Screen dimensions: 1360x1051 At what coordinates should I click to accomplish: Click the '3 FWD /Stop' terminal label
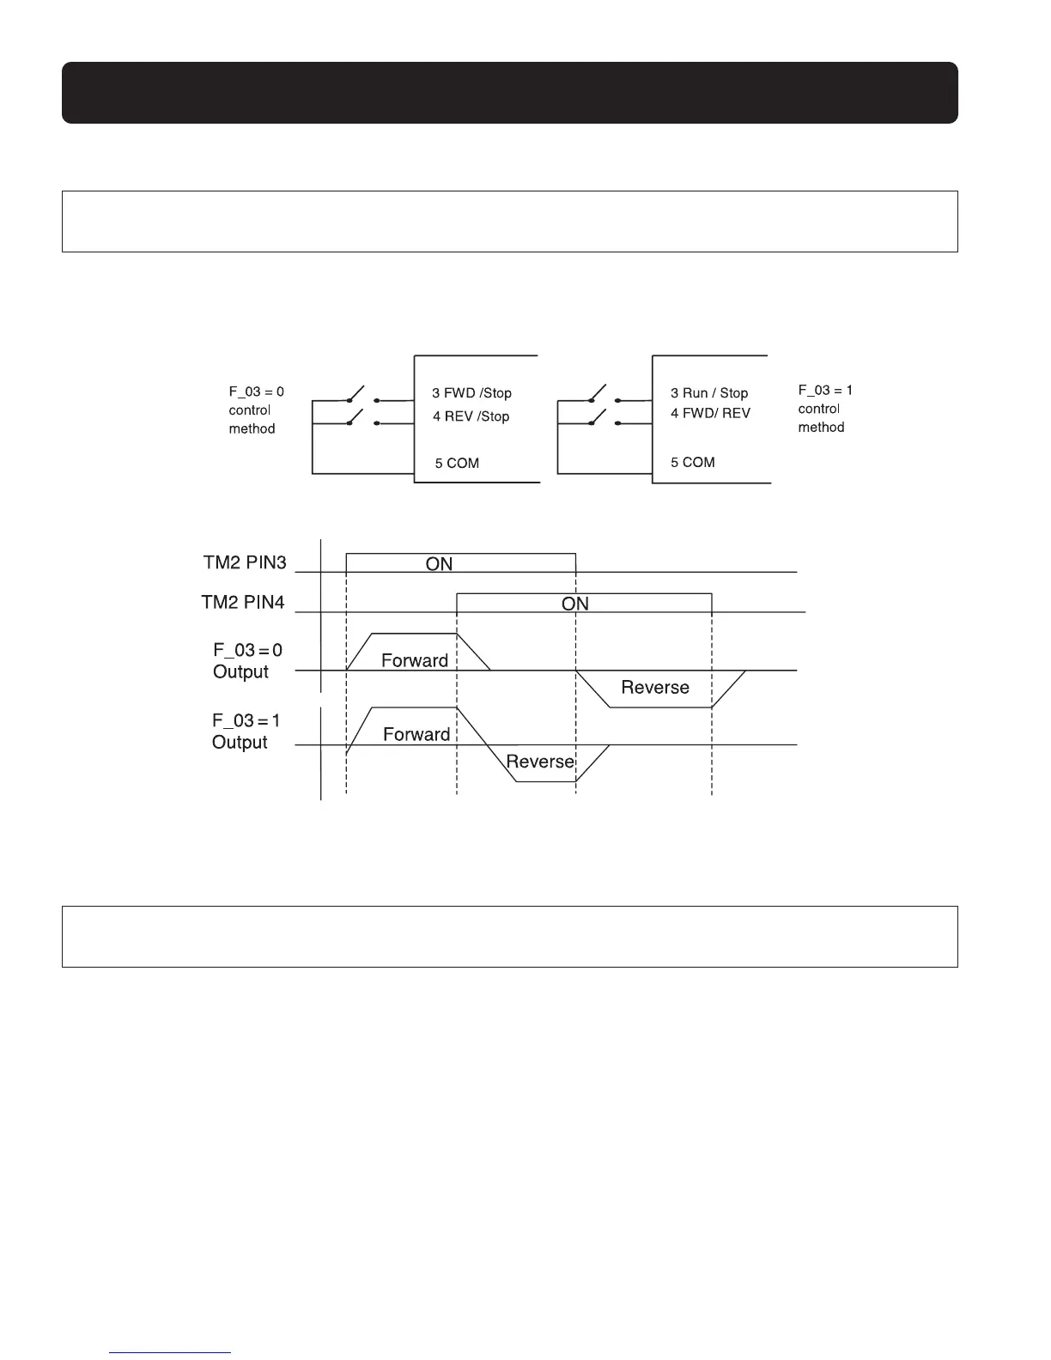click(x=471, y=393)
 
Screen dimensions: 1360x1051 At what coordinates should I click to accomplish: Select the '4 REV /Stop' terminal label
click(x=471, y=416)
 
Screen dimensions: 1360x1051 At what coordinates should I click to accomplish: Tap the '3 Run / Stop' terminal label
click(x=709, y=393)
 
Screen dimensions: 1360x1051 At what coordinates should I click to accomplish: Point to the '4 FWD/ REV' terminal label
click(x=710, y=413)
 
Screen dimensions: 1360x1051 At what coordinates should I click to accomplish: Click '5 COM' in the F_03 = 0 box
click(x=457, y=464)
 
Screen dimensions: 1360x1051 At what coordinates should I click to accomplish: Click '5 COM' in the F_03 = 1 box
click(x=693, y=462)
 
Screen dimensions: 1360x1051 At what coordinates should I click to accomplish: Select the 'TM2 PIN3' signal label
click(x=245, y=563)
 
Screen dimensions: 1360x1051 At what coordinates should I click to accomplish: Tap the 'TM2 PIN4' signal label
click(x=243, y=603)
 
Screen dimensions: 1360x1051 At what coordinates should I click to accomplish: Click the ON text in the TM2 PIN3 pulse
click(x=439, y=564)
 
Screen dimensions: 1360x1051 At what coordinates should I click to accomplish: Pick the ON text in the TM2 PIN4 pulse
click(x=575, y=604)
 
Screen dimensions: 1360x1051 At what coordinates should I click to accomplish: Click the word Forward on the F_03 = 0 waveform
click(x=415, y=660)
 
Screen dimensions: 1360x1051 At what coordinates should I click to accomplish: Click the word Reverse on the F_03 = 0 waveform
click(x=655, y=688)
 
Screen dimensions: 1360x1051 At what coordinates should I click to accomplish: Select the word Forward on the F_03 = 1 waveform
click(x=416, y=734)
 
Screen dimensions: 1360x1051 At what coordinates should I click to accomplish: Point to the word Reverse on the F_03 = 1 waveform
click(x=540, y=762)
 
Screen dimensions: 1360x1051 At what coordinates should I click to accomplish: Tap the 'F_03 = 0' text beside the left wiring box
click(x=256, y=392)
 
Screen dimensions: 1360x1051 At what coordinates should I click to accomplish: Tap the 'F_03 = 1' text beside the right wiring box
click(x=825, y=391)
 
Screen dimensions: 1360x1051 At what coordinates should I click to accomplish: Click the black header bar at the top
click(x=509, y=93)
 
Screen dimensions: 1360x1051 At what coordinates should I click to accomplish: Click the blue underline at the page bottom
click(x=171, y=1352)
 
